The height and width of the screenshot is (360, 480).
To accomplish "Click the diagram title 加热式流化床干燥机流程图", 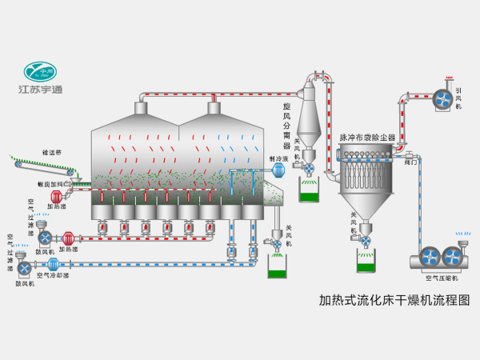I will click(394, 302).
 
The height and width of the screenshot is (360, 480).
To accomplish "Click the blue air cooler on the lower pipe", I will click(54, 263).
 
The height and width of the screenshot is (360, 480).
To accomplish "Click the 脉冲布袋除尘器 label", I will click(367, 138).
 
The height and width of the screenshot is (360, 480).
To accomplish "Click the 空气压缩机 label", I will click(441, 278).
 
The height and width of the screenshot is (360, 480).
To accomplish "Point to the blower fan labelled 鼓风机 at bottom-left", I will click(24, 267).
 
